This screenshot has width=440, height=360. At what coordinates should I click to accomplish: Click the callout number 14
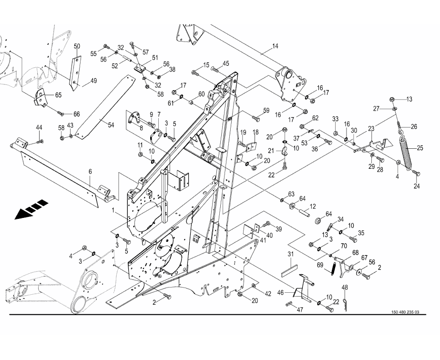[275, 46]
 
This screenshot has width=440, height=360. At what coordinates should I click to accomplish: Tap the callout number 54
[111, 125]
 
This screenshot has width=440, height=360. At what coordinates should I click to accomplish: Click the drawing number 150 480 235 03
[405, 312]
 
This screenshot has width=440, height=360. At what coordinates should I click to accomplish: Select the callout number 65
[58, 95]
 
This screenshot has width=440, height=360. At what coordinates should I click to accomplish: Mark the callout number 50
[77, 46]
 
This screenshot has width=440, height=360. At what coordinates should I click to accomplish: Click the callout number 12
[313, 206]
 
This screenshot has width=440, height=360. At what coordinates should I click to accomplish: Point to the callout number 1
[113, 210]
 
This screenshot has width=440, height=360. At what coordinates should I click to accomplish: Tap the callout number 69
[320, 265]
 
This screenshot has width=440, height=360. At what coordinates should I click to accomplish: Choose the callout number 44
[39, 127]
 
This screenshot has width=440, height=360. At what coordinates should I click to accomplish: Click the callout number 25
[420, 147]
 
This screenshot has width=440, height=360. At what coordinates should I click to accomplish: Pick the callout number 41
[262, 241]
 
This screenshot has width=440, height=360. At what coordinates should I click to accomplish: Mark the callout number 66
[76, 114]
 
